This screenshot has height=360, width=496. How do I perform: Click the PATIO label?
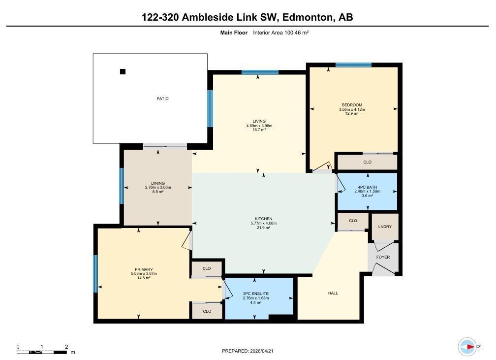(162, 98)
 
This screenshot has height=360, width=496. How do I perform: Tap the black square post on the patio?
(123, 71)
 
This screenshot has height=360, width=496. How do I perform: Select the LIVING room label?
(259, 121)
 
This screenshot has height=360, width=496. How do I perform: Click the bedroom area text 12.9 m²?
(352, 114)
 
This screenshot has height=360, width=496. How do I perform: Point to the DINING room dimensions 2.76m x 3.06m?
(157, 188)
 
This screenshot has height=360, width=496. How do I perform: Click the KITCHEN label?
(263, 219)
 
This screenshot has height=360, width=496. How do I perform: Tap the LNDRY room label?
(384, 227)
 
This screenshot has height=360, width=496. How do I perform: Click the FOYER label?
(383, 257)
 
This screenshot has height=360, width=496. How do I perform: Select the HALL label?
(333, 293)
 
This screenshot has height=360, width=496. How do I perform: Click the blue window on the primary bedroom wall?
(95, 273)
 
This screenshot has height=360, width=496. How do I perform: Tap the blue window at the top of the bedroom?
(353, 65)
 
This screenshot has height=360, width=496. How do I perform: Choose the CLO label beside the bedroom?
(367, 162)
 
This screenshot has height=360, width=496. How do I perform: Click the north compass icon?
(467, 347)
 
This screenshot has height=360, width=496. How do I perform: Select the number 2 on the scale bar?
(66, 347)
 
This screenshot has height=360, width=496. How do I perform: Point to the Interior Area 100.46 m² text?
(280, 33)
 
